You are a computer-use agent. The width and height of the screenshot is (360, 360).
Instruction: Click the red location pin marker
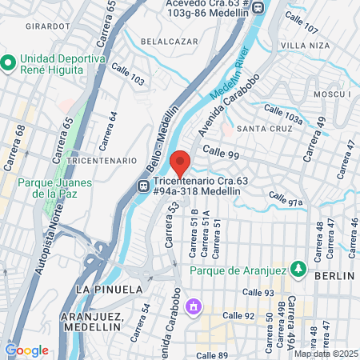180,162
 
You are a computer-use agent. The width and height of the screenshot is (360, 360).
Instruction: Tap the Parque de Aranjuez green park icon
298,268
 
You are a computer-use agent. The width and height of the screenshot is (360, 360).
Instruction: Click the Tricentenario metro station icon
142,186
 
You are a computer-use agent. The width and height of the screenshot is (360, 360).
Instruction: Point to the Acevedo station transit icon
258,7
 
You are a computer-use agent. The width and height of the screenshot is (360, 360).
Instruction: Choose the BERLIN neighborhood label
334,275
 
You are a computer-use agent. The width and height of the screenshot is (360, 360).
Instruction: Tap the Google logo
26,350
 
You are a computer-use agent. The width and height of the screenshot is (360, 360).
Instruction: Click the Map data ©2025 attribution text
324,354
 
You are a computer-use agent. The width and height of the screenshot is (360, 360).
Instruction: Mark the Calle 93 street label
258,293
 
